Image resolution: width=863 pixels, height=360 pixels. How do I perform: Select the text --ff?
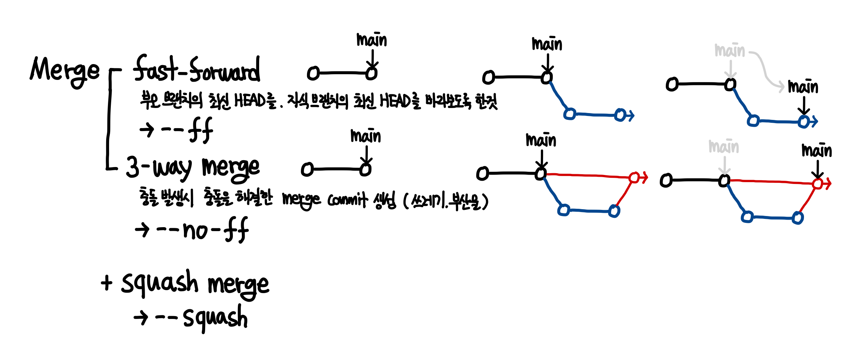[187, 130]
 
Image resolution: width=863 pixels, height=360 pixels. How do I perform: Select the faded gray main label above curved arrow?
[729, 50]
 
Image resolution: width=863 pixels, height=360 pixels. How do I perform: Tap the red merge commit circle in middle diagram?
[634, 177]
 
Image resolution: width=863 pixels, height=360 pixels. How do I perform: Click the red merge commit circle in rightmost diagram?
[818, 184]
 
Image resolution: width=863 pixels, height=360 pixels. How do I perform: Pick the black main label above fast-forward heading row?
[371, 40]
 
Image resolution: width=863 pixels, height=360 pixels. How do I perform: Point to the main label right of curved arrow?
[803, 87]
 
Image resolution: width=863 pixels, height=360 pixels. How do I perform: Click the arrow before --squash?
[141, 318]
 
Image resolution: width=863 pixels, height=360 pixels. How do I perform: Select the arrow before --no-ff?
[142, 230]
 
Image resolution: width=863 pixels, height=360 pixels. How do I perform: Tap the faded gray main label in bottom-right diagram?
[724, 147]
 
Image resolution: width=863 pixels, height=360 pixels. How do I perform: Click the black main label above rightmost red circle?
[817, 150]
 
